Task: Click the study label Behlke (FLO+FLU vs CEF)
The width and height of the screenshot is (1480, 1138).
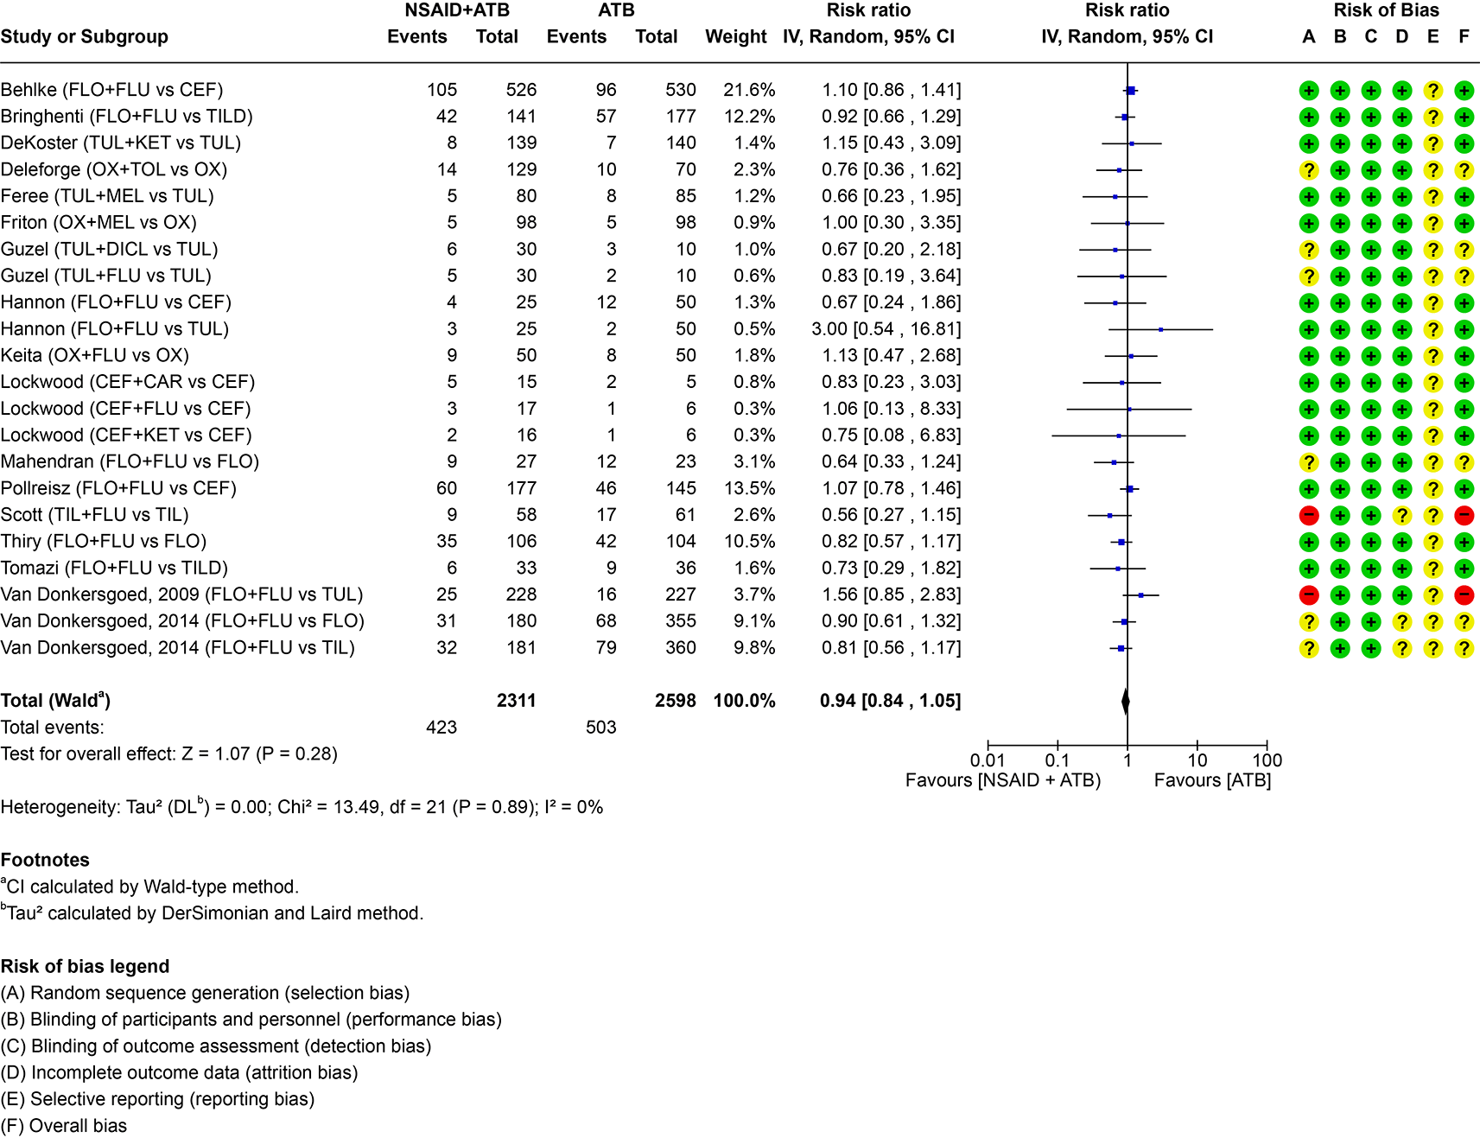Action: [112, 90]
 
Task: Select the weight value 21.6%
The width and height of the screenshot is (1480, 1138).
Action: [749, 90]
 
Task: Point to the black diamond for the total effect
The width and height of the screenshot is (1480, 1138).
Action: [1126, 701]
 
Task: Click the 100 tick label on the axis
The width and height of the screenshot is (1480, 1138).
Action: [1267, 760]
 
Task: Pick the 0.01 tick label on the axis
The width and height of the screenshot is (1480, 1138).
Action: [988, 760]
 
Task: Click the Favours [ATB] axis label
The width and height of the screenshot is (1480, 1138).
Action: [1212, 780]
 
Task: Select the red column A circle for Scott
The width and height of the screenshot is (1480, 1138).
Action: [1309, 516]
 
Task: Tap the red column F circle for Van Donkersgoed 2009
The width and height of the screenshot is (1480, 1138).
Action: [1464, 595]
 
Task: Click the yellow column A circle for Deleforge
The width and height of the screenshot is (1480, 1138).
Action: [1309, 170]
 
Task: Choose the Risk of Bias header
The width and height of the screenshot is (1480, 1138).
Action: [1386, 10]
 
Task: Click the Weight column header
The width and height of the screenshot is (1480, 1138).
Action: [736, 36]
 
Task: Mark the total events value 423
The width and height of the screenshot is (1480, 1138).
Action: [441, 728]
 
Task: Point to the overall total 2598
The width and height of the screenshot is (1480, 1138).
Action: [676, 701]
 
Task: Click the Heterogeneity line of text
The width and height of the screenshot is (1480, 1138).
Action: [302, 806]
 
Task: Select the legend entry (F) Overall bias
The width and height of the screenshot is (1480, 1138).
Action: [64, 1126]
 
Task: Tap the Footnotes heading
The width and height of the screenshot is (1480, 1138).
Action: [45, 860]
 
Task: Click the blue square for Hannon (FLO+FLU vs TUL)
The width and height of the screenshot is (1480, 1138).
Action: [1160, 329]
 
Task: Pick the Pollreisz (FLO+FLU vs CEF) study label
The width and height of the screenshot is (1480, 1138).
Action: [118, 488]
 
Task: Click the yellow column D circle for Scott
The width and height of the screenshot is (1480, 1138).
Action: [1401, 516]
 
